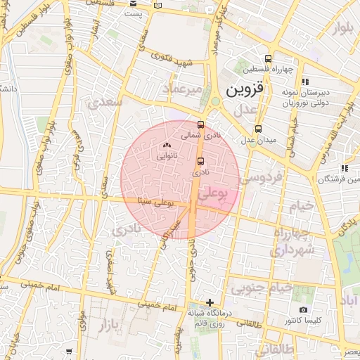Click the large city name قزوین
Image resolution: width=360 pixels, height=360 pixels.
click(243, 91)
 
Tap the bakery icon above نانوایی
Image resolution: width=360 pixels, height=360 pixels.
click(167, 146)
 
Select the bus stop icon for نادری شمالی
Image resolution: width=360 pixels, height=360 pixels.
click(202, 124)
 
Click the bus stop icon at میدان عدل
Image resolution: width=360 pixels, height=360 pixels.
click(258, 129)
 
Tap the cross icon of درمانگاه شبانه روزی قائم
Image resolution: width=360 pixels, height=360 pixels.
click(209, 302)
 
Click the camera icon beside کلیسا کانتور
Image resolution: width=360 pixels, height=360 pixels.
click(303, 309)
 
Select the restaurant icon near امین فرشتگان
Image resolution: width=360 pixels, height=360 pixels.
click(344, 168)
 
